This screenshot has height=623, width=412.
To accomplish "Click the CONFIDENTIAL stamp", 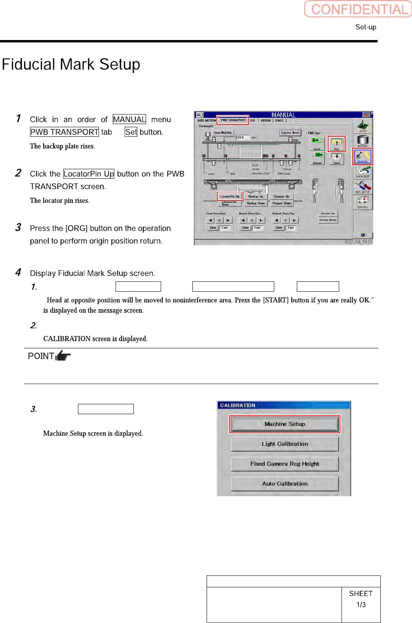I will coord(359,9).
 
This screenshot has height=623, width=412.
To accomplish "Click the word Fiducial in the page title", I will coord(28,64).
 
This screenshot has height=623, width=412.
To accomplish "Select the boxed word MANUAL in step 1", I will coord(129,119).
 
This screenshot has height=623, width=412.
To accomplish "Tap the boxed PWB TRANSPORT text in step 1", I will coord(65,132).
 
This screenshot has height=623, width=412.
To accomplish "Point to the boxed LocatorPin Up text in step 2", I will coord(89,174).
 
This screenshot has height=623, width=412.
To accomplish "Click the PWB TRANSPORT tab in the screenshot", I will coord(233,120).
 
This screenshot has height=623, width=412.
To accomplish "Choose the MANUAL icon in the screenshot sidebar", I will coord(363,157).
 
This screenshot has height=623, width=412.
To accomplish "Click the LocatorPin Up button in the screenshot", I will coord(230,196).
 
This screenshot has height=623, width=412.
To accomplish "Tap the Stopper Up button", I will coord(281,196).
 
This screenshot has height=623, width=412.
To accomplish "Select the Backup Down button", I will coord(256,203).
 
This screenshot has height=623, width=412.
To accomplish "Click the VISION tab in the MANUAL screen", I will coord(266,120).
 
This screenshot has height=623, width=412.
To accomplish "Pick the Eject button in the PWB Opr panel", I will coord(336,158).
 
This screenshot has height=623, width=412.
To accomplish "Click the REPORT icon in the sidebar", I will coord(363,141).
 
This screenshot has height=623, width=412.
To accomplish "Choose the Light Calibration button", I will coord(285,444).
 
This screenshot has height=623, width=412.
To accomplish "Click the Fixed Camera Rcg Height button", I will coord(285,464).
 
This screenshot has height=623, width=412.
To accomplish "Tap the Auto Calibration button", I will coord(285,483).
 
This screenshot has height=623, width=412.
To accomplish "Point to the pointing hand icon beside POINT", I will coord(63,355).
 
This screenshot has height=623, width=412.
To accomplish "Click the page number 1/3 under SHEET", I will coord(361,605).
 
